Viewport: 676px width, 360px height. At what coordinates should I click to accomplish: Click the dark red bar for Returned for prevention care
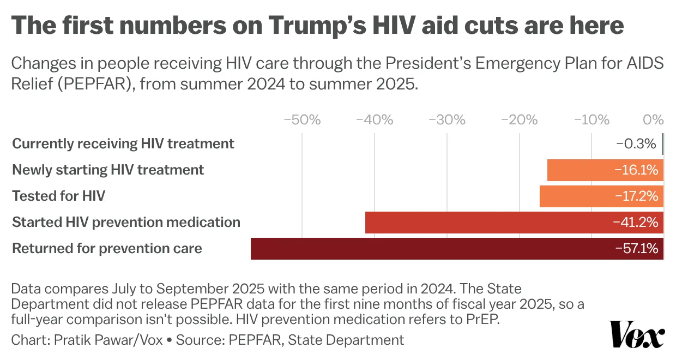pos(425,249)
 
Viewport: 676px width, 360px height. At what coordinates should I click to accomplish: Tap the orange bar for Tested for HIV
pos(578,196)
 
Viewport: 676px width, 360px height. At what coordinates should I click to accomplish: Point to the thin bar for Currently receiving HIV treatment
pos(662,144)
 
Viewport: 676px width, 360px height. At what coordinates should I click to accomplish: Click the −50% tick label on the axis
pos(302,120)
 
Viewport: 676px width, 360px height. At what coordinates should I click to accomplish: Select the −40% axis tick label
pos(375,120)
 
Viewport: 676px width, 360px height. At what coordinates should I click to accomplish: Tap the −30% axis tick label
pos(447,120)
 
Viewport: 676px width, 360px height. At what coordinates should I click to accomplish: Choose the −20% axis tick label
pos(520,120)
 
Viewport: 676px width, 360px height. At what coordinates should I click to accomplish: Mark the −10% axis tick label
pos(591,120)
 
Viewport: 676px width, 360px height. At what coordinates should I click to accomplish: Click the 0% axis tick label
pos(653,120)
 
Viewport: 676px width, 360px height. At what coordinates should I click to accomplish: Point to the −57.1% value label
pos(636,249)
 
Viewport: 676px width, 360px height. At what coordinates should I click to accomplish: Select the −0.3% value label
pos(636,144)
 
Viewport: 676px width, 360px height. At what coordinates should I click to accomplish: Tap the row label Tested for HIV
pos(58,196)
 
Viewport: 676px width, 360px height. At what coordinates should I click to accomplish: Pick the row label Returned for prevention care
pos(107,249)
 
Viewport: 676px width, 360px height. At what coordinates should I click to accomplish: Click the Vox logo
pos(637,334)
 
